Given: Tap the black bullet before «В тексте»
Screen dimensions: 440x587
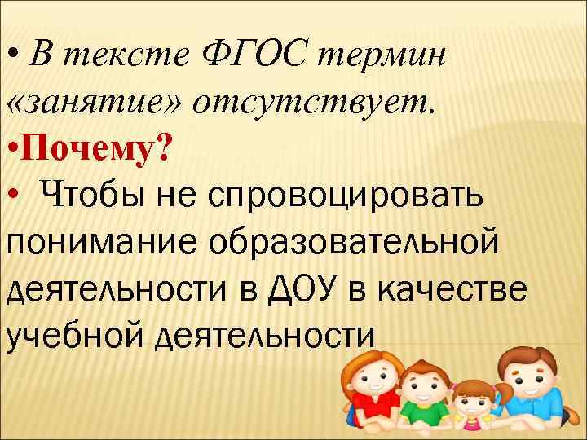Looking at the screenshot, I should [11, 55].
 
